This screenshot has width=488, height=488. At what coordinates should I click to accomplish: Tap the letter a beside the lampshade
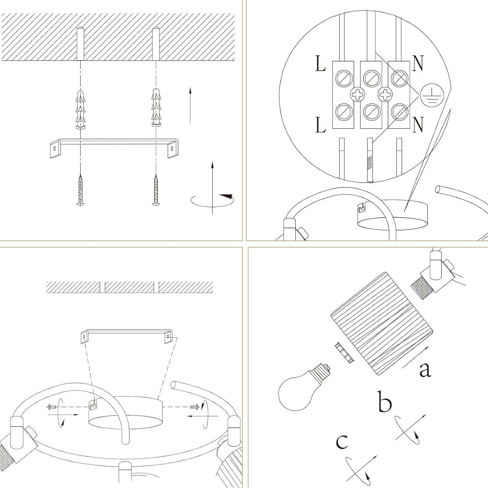[425, 369]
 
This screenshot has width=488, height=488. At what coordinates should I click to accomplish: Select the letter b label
[385, 402]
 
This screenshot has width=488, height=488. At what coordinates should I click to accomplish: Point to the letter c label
[342, 442]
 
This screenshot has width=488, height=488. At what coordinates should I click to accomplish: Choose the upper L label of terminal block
[320, 64]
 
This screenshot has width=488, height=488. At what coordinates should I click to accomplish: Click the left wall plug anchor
[80, 109]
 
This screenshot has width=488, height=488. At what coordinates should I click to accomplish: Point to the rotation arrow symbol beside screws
[212, 198]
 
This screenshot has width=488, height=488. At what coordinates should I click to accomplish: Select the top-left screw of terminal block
[344, 78]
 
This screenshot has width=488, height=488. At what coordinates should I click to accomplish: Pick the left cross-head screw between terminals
[357, 95]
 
